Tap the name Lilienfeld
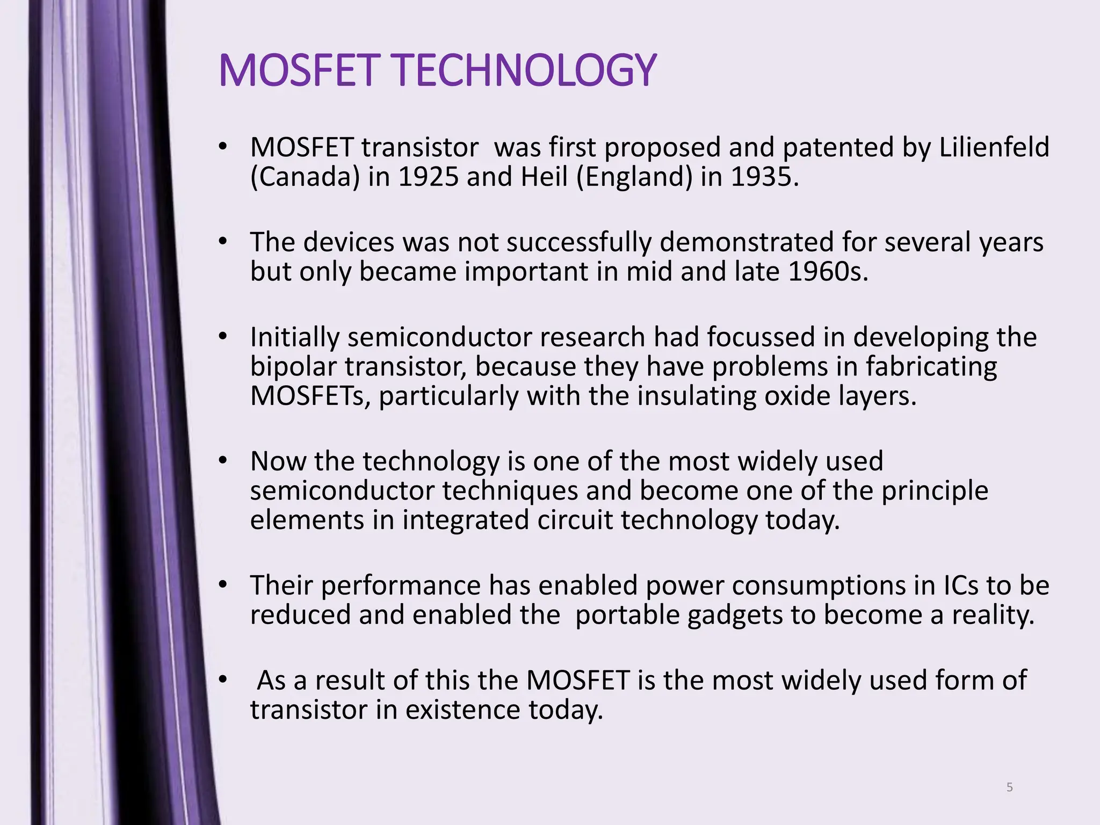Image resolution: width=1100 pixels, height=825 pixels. pyautogui.click(x=994, y=147)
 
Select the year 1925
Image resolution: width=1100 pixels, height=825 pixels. pyautogui.click(x=428, y=177)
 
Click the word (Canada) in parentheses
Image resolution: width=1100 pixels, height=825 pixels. pyautogui.click(x=305, y=177)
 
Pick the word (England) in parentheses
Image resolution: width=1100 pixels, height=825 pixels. pyautogui.click(x=634, y=177)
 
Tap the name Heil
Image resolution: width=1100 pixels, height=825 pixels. pyautogui.click(x=544, y=177)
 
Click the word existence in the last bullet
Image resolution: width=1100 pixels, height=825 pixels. pyautogui.click(x=462, y=710)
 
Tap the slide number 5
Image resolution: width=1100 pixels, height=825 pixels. pyautogui.click(x=1009, y=787)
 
